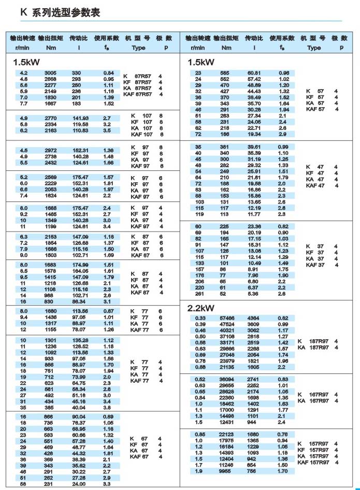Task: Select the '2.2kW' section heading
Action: click(x=201, y=308)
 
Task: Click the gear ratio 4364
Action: click(x=253, y=318)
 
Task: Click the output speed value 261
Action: click(x=198, y=293)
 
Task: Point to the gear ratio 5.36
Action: click(x=253, y=293)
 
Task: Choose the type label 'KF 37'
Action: click(x=314, y=252)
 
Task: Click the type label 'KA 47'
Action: click(x=314, y=179)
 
